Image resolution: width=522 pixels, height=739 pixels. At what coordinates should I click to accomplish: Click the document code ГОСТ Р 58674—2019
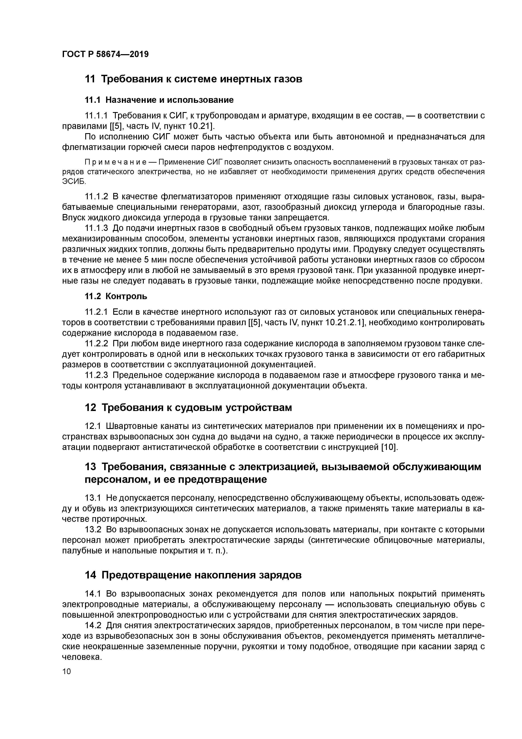point(105,54)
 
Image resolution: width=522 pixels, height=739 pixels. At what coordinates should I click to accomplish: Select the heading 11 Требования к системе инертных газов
point(193,79)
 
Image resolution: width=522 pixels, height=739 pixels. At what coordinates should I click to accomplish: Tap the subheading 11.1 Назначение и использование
point(159,100)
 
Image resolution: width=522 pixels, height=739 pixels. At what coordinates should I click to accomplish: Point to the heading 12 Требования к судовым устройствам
point(188,408)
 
